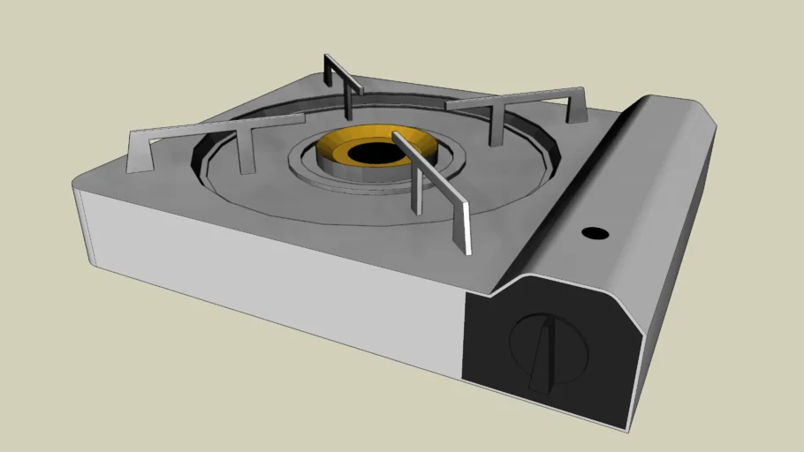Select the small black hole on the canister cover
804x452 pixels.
(595, 234)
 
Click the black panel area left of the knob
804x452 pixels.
(486, 340)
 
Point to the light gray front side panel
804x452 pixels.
(265, 265)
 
